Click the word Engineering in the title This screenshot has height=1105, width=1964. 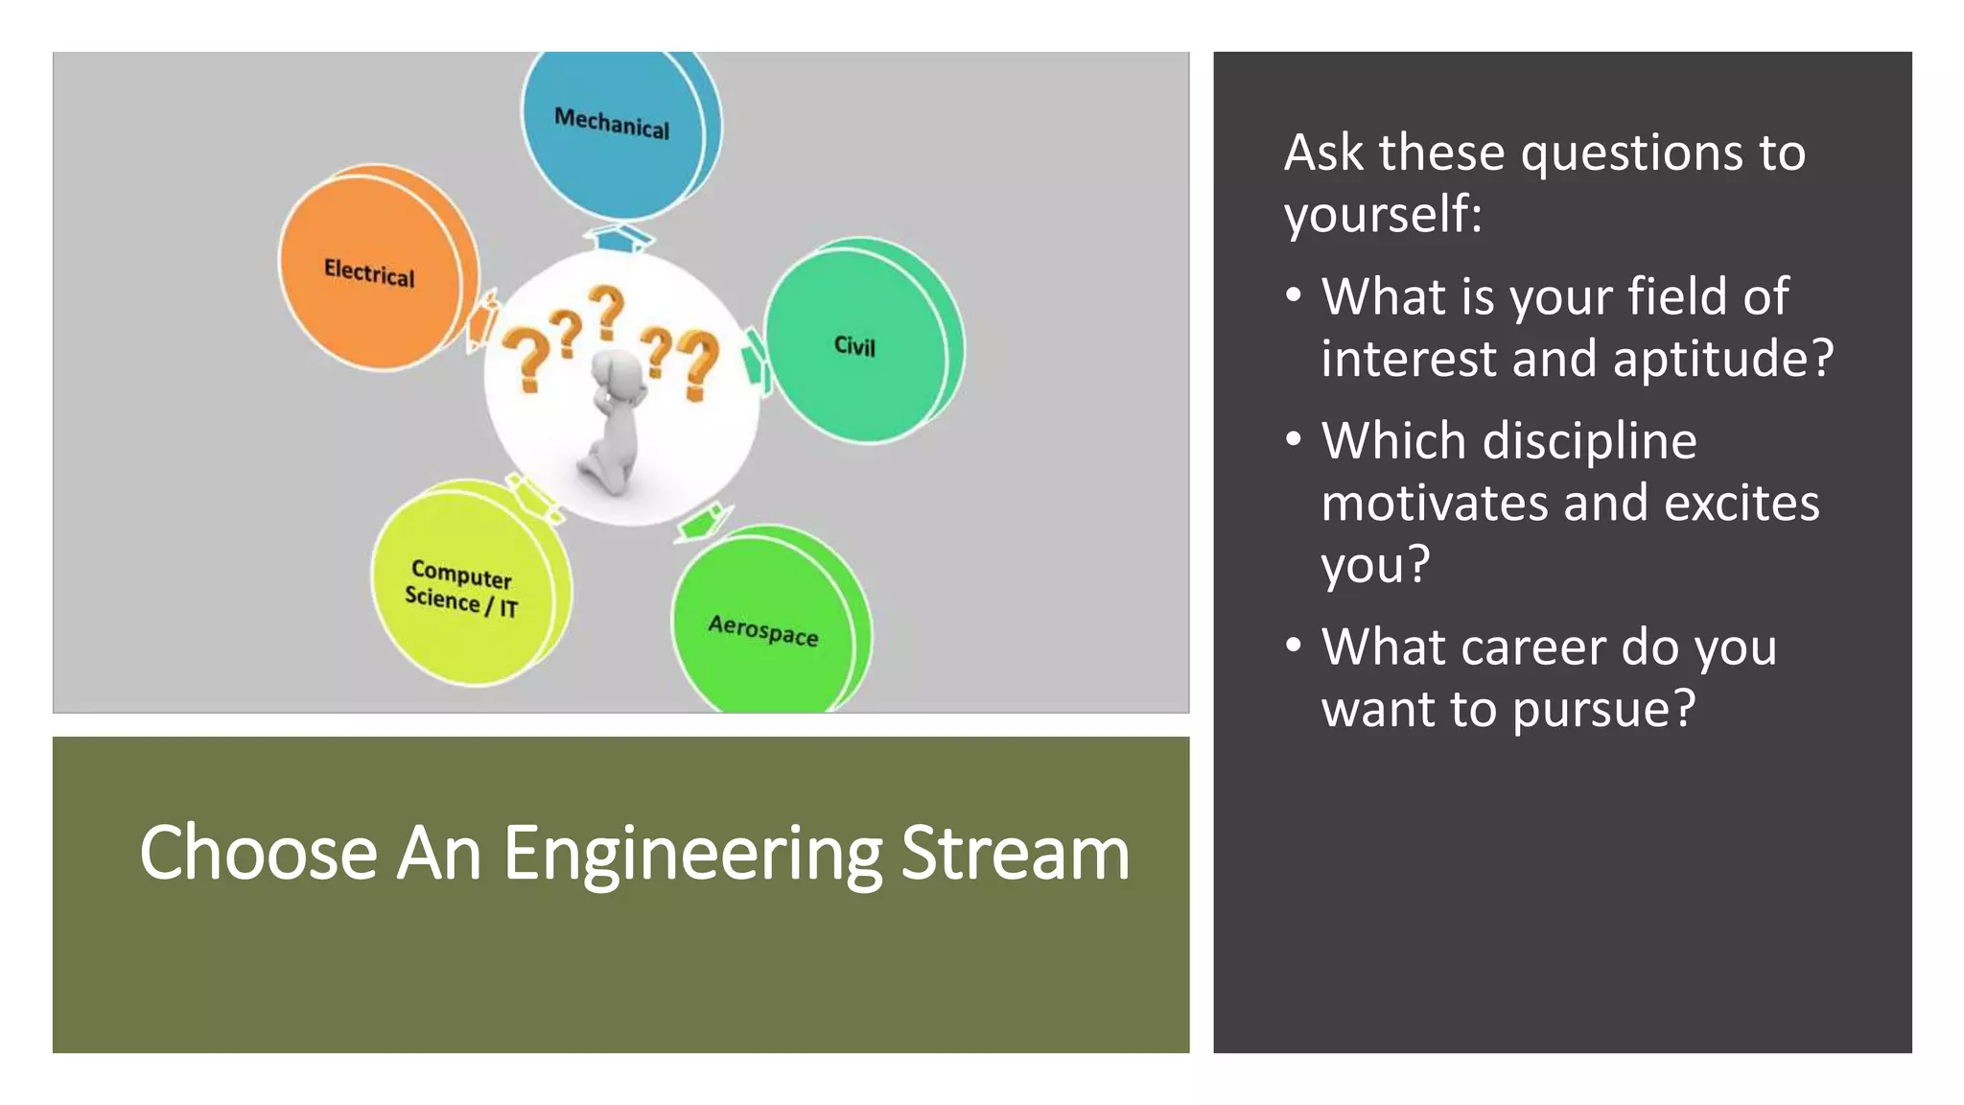(692, 854)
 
